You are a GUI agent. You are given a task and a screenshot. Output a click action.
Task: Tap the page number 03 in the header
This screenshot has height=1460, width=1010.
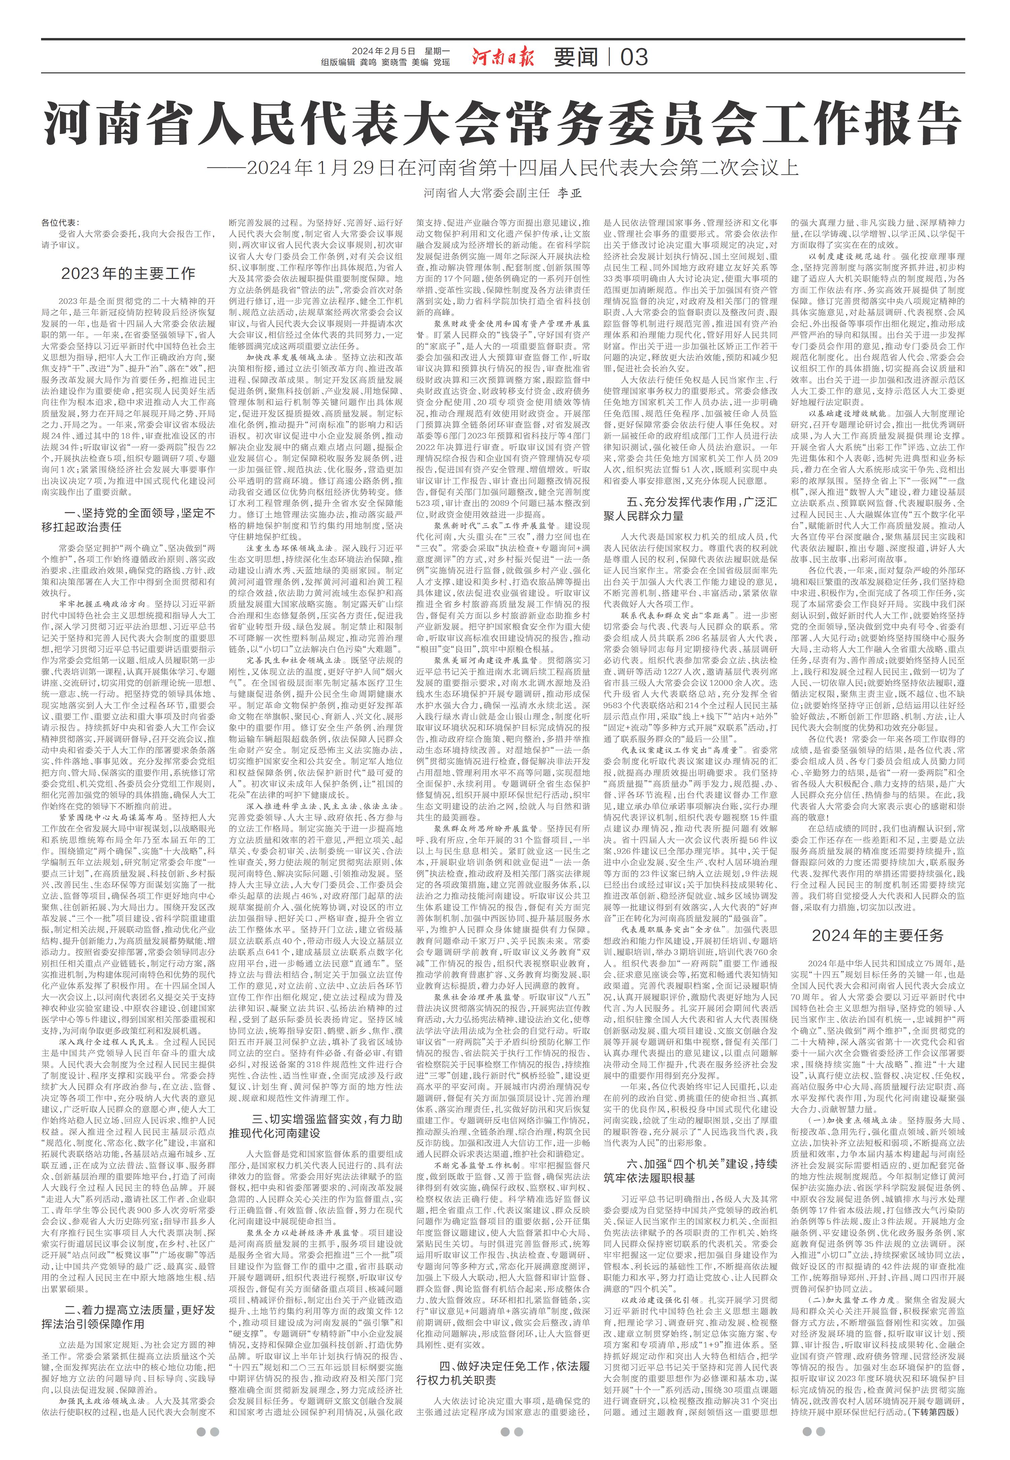pos(634,58)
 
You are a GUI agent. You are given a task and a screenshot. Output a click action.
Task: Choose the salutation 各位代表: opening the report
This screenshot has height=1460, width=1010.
pos(60,223)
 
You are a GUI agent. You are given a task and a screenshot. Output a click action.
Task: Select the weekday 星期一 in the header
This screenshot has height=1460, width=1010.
pos(437,50)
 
